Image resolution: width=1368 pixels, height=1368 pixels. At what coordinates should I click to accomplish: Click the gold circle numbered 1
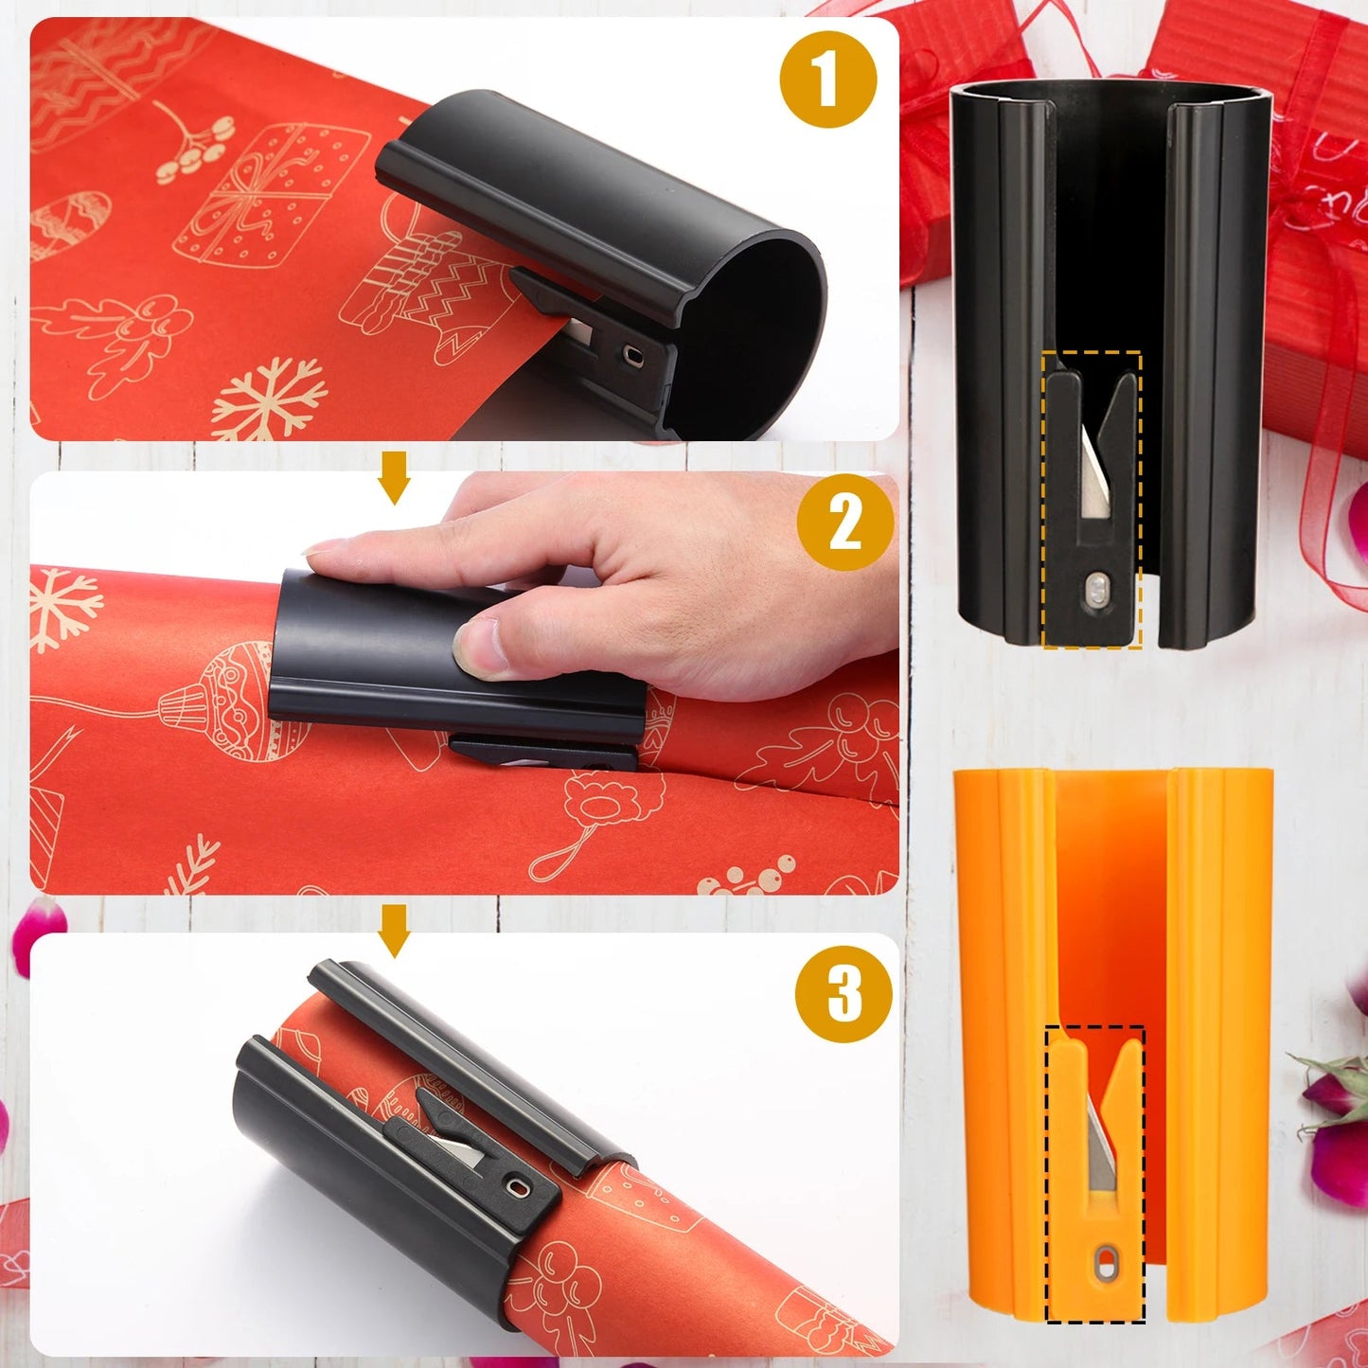[828, 79]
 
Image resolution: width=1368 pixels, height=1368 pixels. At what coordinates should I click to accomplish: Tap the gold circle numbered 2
[844, 522]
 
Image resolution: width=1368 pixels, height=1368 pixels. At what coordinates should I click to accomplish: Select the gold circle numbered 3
[844, 994]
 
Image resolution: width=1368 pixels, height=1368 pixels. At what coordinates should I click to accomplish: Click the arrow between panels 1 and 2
[394, 477]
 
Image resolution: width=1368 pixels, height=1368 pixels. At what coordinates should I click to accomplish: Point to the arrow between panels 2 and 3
[394, 930]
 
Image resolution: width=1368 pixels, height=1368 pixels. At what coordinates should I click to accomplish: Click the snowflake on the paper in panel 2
[64, 607]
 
